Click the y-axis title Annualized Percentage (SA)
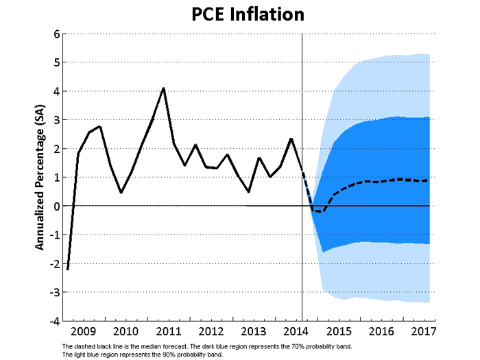40,177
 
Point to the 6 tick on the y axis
56,34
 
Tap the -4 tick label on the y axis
53,320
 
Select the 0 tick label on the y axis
56,206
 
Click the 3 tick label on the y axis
56,120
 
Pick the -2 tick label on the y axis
53,263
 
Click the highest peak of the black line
163,88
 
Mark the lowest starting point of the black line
67,269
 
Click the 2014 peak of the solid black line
291,139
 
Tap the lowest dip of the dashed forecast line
323,212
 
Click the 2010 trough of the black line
121,193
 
